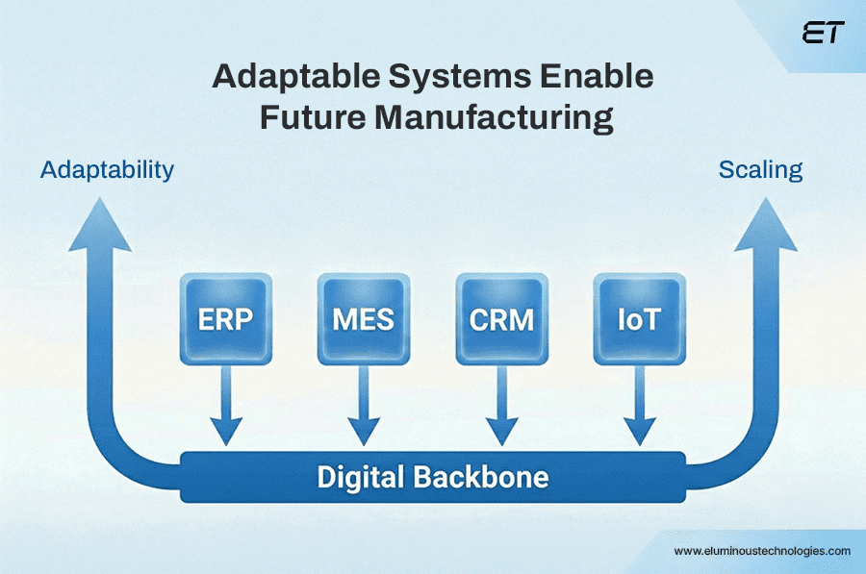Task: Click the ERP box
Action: tap(225, 318)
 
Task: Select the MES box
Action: tap(364, 318)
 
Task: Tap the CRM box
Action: tap(501, 318)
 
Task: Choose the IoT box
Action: tap(639, 318)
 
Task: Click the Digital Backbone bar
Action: tap(433, 477)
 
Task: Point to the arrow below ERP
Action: tap(225, 409)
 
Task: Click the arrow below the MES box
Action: tap(364, 409)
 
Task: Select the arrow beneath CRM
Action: tap(501, 409)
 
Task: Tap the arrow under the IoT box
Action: tap(639, 409)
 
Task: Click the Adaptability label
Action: tap(107, 170)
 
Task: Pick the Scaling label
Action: tap(760, 170)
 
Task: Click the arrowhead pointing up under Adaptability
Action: tap(100, 226)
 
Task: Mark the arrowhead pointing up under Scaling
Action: tap(765, 226)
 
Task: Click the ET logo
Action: tap(823, 34)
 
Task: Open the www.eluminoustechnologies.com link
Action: tap(762, 551)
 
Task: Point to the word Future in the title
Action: tap(306, 118)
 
